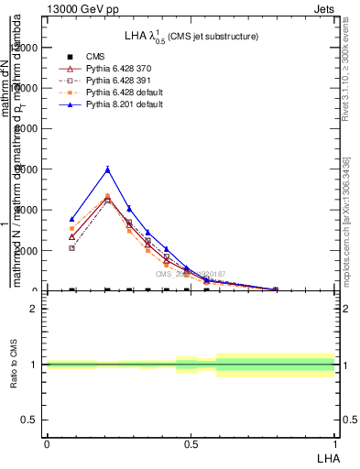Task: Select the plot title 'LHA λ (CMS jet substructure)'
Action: click(191, 37)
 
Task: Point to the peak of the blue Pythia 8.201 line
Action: click(108, 169)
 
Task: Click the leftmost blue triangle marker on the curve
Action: click(71, 220)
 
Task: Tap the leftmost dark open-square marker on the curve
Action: click(71, 248)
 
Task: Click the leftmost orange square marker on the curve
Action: click(71, 229)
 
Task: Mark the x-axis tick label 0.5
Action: click(191, 442)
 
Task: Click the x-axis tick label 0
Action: click(47, 442)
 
